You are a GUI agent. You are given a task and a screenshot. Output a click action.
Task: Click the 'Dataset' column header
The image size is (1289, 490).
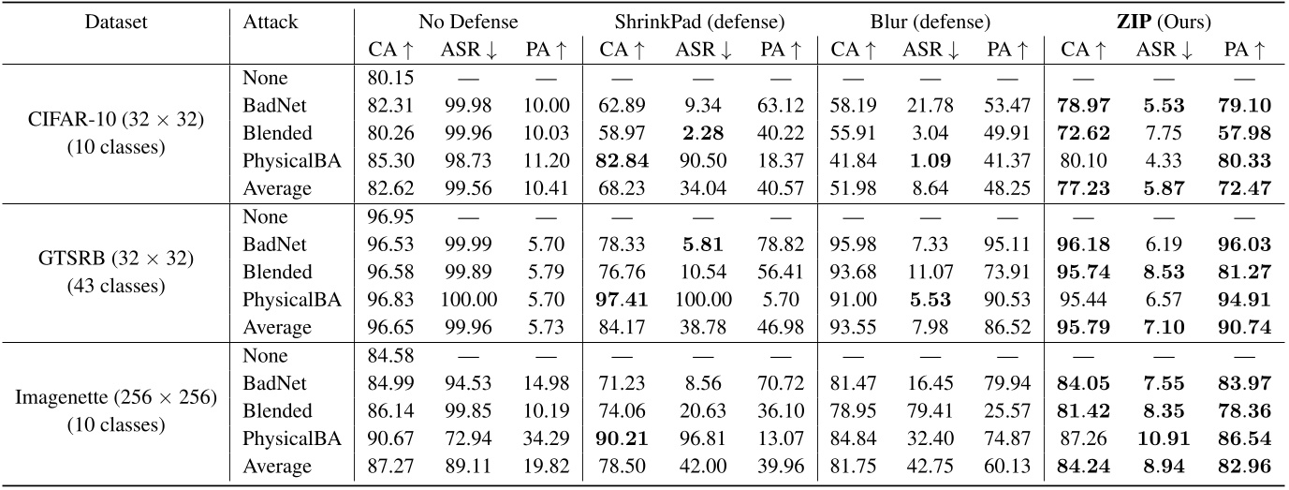[114, 20]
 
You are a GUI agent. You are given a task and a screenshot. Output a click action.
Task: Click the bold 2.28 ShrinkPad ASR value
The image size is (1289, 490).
[695, 133]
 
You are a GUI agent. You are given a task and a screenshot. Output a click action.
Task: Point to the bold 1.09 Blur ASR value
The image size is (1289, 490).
[930, 160]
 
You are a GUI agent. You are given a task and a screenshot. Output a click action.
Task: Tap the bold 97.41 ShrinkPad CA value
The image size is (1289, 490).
[617, 299]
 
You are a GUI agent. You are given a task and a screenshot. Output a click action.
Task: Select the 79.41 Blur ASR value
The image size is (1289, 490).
[929, 410]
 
